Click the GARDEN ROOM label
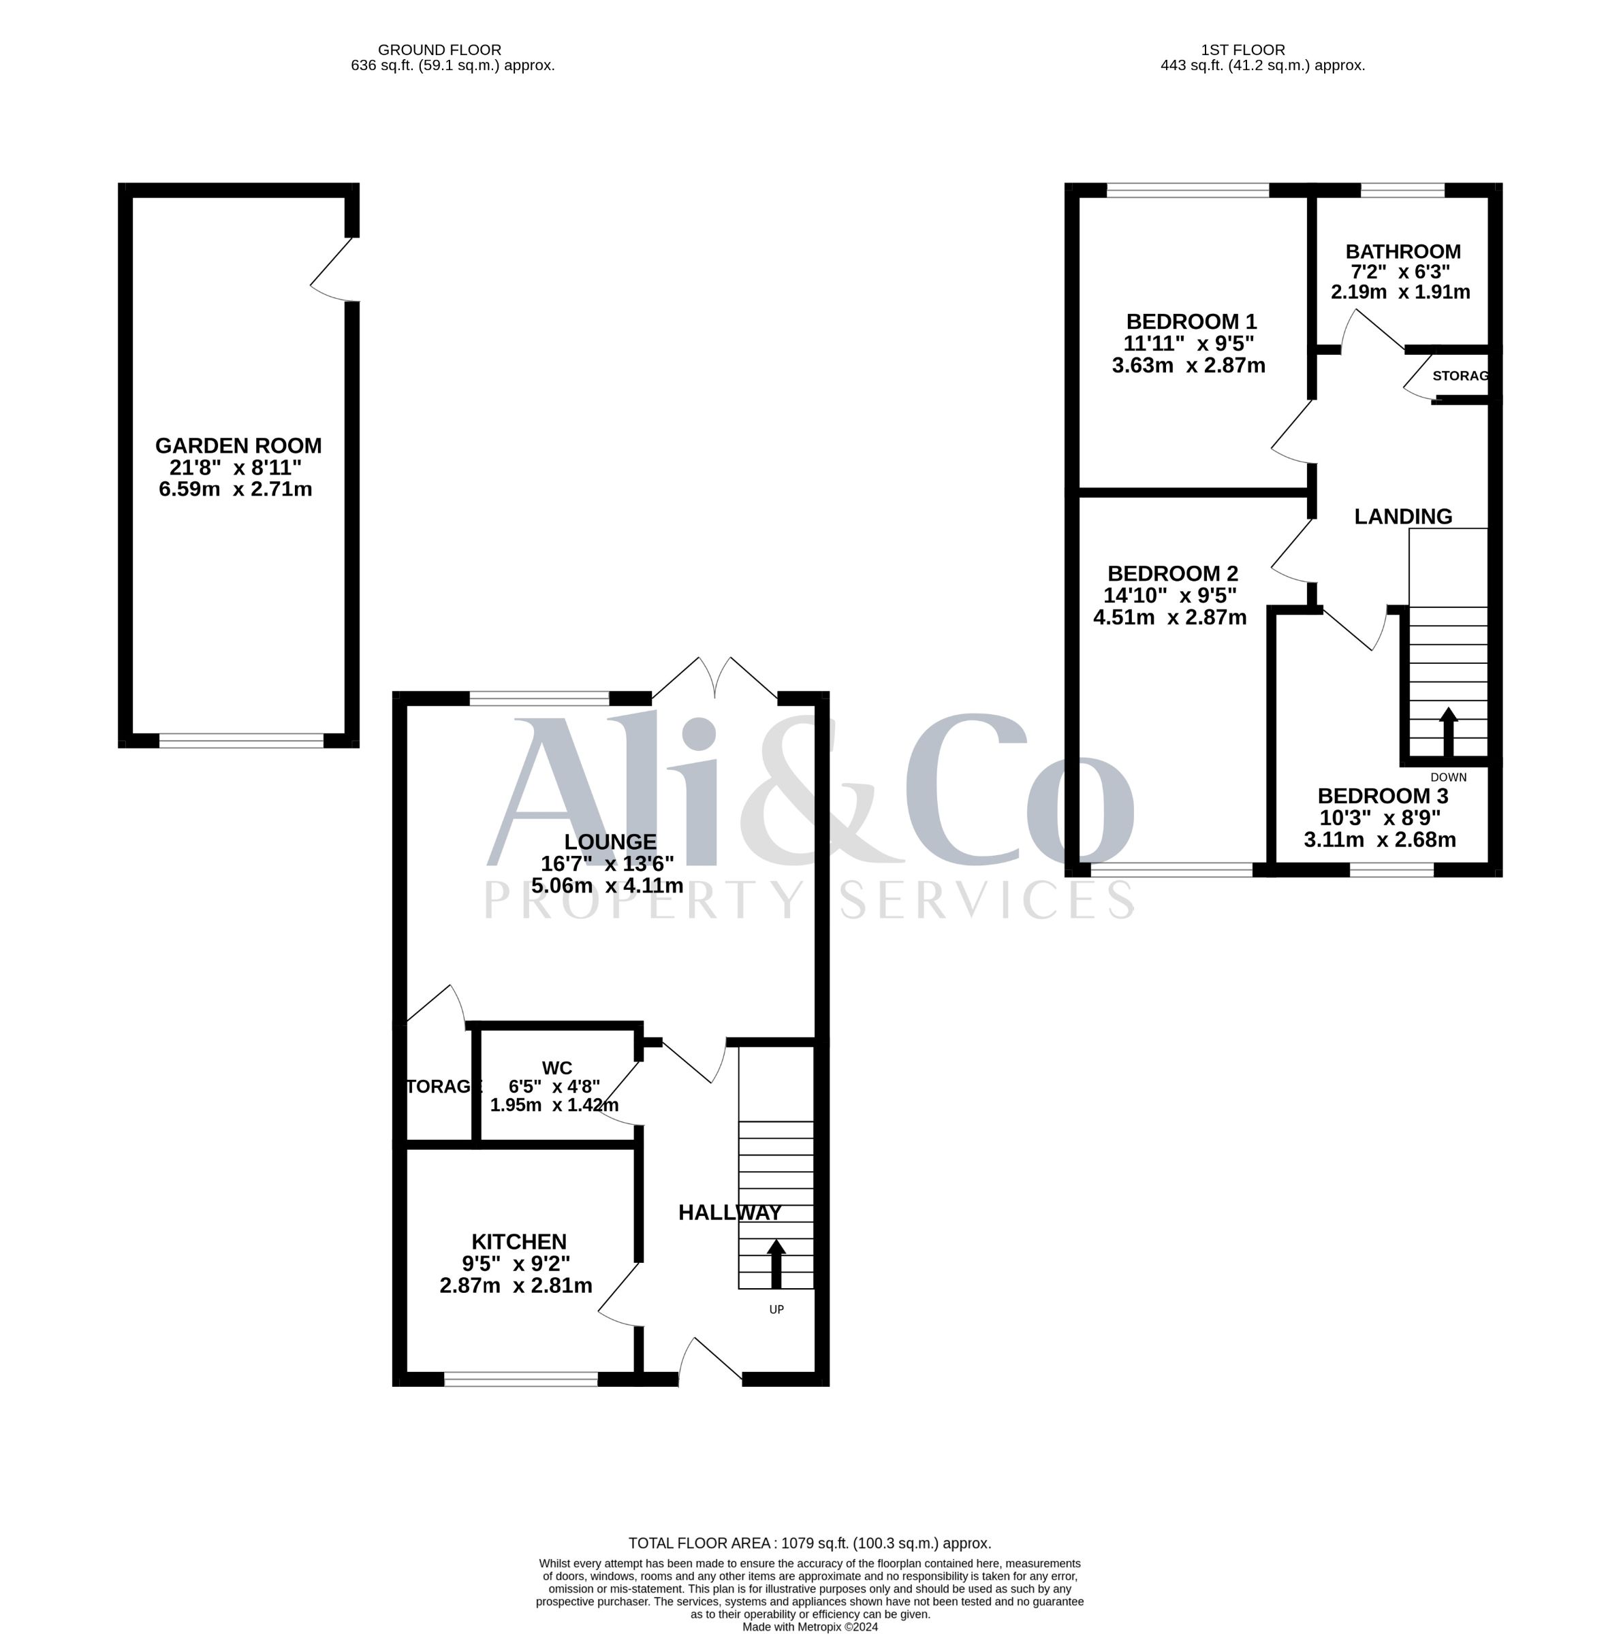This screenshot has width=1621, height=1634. (x=238, y=446)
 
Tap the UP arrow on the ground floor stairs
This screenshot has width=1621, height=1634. (x=776, y=1264)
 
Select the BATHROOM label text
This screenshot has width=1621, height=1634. (x=1403, y=252)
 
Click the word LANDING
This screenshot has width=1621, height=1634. (x=1403, y=517)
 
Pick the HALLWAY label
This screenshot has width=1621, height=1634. (x=730, y=1213)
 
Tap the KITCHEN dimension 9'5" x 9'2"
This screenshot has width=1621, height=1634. (x=516, y=1264)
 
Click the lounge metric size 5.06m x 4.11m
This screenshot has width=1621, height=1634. (x=608, y=886)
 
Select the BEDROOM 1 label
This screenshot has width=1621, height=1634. (x=1191, y=321)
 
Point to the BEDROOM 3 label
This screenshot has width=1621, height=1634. (x=1383, y=796)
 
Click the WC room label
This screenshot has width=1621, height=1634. (x=556, y=1068)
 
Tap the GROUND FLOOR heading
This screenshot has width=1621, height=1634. (x=439, y=50)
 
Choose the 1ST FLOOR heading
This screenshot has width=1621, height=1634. (x=1243, y=50)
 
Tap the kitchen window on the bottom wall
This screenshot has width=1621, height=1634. (x=521, y=1379)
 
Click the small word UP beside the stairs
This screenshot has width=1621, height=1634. (x=776, y=1310)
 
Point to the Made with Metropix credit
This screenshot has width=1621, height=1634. (x=810, y=1627)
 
